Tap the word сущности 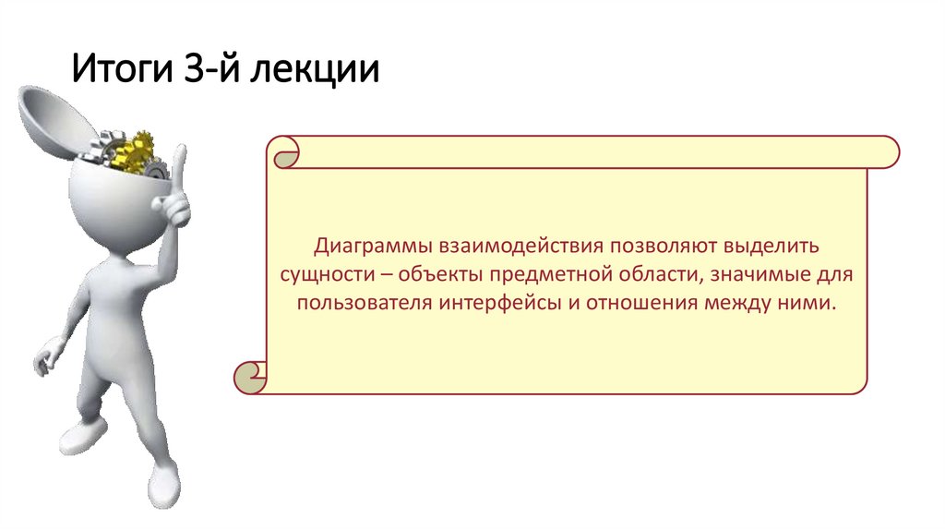click(x=324, y=275)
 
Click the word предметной click(x=549, y=275)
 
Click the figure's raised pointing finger click(x=178, y=171)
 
